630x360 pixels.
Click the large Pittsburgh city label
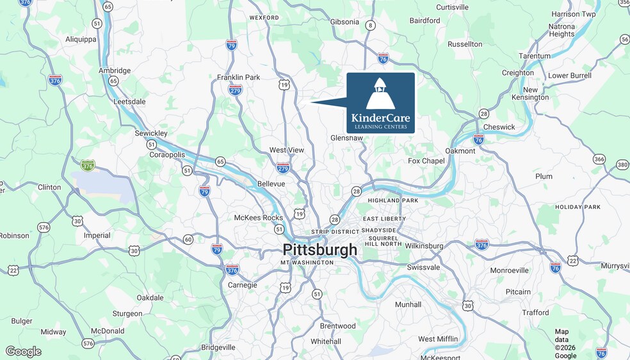point(320,250)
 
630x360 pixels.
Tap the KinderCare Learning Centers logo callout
point(380,102)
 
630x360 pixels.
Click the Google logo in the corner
point(23,352)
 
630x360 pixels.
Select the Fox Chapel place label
point(426,161)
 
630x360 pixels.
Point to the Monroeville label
point(509,270)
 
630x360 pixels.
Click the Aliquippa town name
point(80,39)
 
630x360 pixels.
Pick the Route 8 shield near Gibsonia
point(370,26)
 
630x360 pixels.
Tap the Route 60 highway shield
point(188,240)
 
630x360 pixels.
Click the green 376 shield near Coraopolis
point(88,165)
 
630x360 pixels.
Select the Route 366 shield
point(599,159)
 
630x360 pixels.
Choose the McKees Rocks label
point(258,217)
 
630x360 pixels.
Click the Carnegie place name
point(242,285)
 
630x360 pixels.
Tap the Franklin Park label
point(238,77)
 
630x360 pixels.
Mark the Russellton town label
point(465,44)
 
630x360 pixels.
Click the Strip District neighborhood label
point(335,231)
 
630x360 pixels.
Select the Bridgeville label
point(218,347)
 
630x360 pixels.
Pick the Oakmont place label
point(460,151)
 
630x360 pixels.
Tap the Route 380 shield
point(622,165)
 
